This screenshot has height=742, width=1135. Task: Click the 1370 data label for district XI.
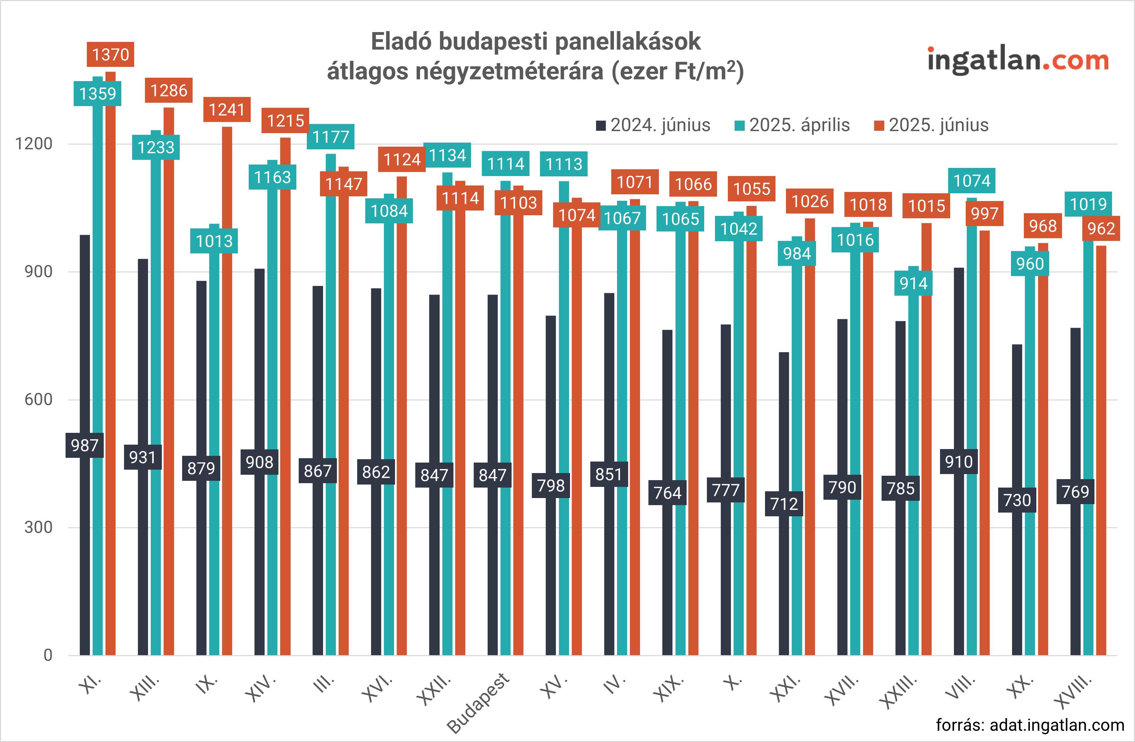110,54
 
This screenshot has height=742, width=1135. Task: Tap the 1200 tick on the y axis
33,144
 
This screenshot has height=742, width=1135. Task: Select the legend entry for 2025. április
793,125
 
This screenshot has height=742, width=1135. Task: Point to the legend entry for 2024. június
654,125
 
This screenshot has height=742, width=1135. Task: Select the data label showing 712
784,503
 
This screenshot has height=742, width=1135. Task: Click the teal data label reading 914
913,283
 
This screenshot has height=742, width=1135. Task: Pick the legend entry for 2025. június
932,125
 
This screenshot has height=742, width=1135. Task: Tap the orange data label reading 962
1101,228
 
